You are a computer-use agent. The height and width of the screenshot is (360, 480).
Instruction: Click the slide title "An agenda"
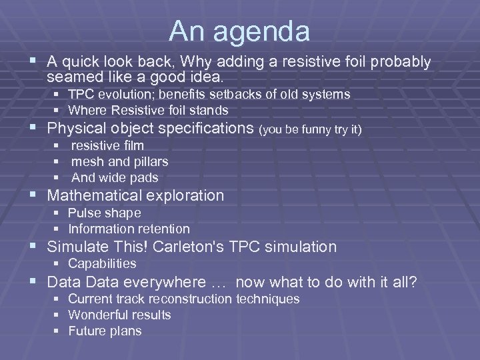239,31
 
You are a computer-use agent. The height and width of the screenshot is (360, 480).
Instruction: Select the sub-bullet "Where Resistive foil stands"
148,110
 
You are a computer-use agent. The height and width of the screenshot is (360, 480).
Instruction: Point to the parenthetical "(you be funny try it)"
311,129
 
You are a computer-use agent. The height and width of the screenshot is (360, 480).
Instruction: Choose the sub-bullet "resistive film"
107,145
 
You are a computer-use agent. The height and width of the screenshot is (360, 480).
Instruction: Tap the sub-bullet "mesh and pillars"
119,161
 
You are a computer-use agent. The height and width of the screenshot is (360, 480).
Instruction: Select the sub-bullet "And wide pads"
115,177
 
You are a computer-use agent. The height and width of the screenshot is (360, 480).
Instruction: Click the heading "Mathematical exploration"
135,195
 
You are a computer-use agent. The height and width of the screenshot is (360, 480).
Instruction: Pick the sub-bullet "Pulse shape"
105,213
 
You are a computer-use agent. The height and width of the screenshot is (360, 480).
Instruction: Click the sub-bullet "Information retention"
129,229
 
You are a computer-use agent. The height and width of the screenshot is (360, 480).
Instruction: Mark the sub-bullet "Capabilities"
102,263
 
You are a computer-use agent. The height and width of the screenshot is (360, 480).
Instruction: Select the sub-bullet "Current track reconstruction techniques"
184,299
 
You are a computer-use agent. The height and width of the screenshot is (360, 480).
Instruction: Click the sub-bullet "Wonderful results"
119,315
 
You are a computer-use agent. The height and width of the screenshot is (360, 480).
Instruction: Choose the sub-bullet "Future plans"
105,331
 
